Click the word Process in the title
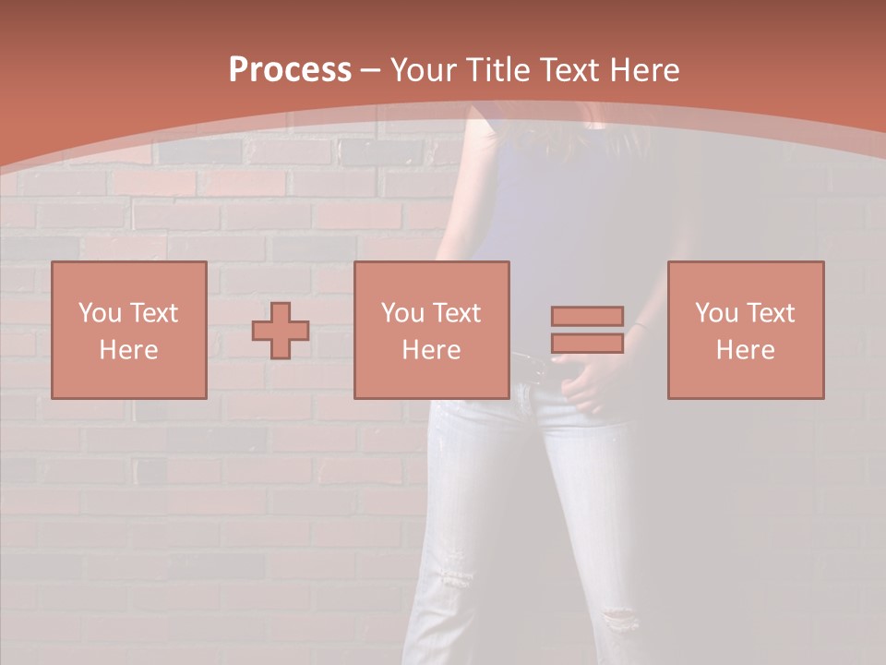(290, 70)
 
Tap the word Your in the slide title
(425, 70)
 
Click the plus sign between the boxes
(281, 330)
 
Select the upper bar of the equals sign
(587, 316)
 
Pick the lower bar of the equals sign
(587, 344)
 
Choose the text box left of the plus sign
(129, 330)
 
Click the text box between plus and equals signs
(432, 330)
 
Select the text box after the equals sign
(746, 330)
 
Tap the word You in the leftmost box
(99, 313)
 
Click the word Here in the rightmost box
(746, 350)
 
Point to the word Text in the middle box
(457, 313)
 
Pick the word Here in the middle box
(432, 350)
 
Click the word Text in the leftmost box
(153, 313)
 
